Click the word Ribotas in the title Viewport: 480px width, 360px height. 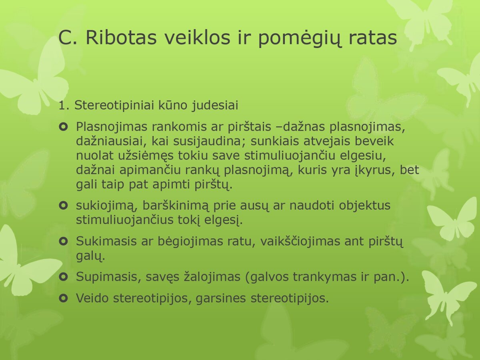click(x=121, y=37)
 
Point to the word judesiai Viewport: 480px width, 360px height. click(x=215, y=105)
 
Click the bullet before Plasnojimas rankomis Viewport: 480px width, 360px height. click(x=64, y=127)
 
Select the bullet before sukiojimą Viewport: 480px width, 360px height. click(x=64, y=206)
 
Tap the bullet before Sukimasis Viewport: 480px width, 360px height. click(x=64, y=241)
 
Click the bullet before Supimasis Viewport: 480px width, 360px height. click(x=64, y=277)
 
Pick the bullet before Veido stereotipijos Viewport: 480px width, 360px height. click(x=64, y=298)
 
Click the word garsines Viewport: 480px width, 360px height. click(x=221, y=298)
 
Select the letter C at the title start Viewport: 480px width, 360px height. click(x=65, y=37)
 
